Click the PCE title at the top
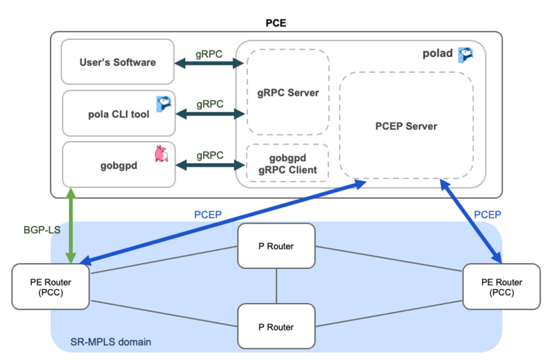pos(275,23)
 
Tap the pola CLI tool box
pos(117,114)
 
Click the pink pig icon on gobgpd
pos(161,153)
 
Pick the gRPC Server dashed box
pos(288,92)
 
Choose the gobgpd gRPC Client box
pos(288,163)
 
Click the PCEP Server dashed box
pos(406,126)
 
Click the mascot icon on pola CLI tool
pos(164,104)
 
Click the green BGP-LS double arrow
pos(70,224)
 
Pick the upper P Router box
pos(276,246)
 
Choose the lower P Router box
pos(276,326)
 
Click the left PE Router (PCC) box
pos(51,286)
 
